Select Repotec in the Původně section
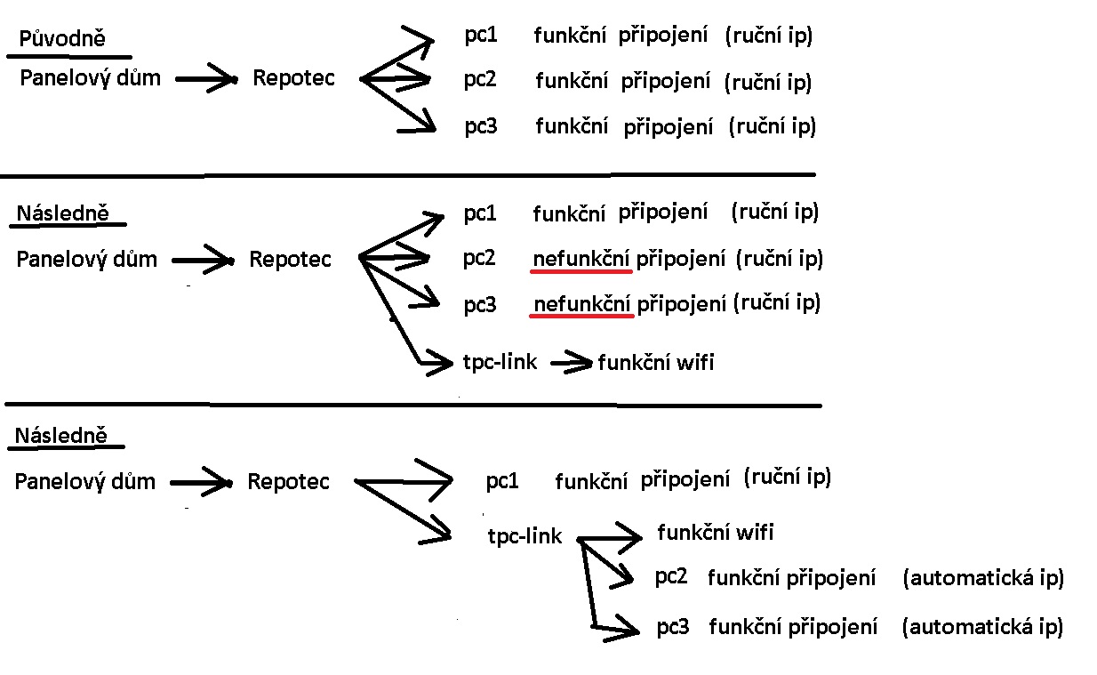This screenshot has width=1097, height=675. pos(293,78)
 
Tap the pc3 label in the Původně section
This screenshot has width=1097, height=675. pos(480,126)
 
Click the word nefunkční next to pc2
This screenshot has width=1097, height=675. pos(581,259)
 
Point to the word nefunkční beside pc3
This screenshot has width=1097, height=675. pos(581,304)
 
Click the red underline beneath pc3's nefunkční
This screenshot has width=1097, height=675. pos(582,316)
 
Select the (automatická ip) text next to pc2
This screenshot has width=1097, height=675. pos(982,578)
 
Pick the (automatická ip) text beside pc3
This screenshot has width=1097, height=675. pos(982,627)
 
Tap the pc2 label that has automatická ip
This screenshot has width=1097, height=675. pos(671,576)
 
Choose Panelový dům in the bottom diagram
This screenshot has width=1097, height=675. pos(85,482)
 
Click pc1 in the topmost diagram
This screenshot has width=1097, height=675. pos(480,36)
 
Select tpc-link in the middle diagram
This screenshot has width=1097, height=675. pos(500,362)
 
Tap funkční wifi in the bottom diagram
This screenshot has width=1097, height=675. pos(715,533)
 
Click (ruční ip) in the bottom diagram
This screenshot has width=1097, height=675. pos(786,477)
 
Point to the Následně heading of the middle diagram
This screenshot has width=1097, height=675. pos(62,214)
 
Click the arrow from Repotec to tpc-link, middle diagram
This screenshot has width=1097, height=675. pos(400,320)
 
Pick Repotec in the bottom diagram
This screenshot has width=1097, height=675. pos(288,482)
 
